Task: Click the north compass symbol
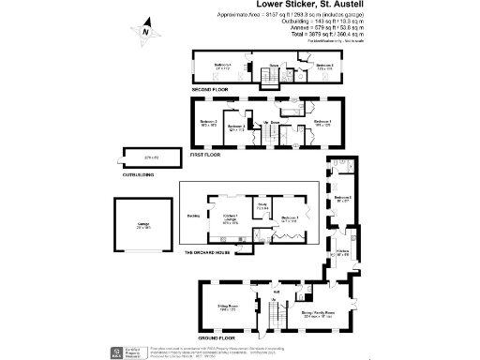tap(146, 31)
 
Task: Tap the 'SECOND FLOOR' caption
tap(210, 89)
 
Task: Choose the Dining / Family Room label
tap(320, 314)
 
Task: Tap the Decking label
tap(193, 215)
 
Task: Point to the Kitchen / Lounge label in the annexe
tap(230, 220)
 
